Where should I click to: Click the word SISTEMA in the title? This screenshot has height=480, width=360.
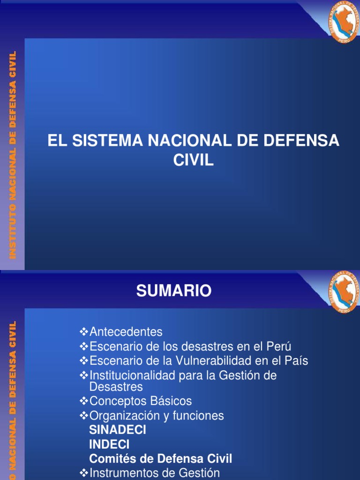click(108, 141)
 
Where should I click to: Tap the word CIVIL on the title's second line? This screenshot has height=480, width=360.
click(193, 160)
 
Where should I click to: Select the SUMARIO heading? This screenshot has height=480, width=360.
click(174, 291)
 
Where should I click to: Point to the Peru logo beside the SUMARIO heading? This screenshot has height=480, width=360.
click(343, 292)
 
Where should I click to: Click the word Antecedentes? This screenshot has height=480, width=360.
click(126, 332)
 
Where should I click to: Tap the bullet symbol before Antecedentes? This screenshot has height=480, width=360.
click(83, 331)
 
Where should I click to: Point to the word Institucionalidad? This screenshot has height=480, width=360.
click(132, 375)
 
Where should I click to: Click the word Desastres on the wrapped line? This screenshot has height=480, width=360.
click(116, 387)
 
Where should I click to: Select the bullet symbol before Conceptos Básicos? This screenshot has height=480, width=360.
click(83, 401)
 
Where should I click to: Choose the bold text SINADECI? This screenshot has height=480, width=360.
click(118, 430)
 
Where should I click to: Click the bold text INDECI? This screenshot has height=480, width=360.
click(109, 444)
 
